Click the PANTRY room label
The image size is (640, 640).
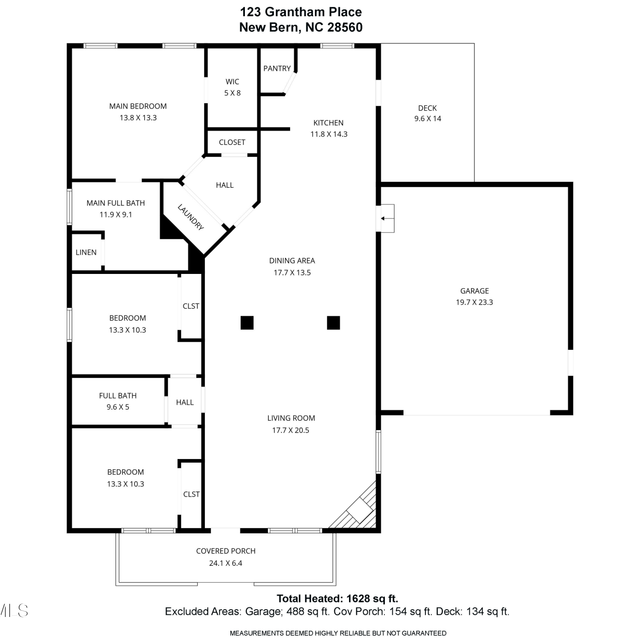pyautogui.click(x=277, y=68)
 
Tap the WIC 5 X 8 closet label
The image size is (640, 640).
pyautogui.click(x=233, y=87)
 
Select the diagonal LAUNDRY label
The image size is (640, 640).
pyautogui.click(x=191, y=217)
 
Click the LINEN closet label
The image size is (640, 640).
pyautogui.click(x=86, y=252)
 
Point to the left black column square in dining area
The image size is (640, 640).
pyautogui.click(x=247, y=323)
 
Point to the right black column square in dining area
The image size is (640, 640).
pyautogui.click(x=334, y=323)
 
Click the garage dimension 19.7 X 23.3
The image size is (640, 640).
pyautogui.click(x=474, y=302)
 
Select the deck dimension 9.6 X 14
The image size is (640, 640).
pyautogui.click(x=428, y=119)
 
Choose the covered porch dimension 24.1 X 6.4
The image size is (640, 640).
pyautogui.click(x=226, y=563)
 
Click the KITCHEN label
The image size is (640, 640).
pyautogui.click(x=329, y=123)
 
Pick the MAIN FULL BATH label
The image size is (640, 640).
pyautogui.click(x=116, y=203)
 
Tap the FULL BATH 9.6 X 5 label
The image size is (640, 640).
pyautogui.click(x=118, y=401)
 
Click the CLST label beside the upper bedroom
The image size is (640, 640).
pyautogui.click(x=191, y=306)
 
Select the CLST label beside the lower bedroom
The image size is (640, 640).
pyautogui.click(x=191, y=494)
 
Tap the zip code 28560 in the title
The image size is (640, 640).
pyautogui.click(x=345, y=27)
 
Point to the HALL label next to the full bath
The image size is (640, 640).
pyautogui.click(x=185, y=402)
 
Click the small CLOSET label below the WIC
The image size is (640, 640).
pyautogui.click(x=232, y=142)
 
